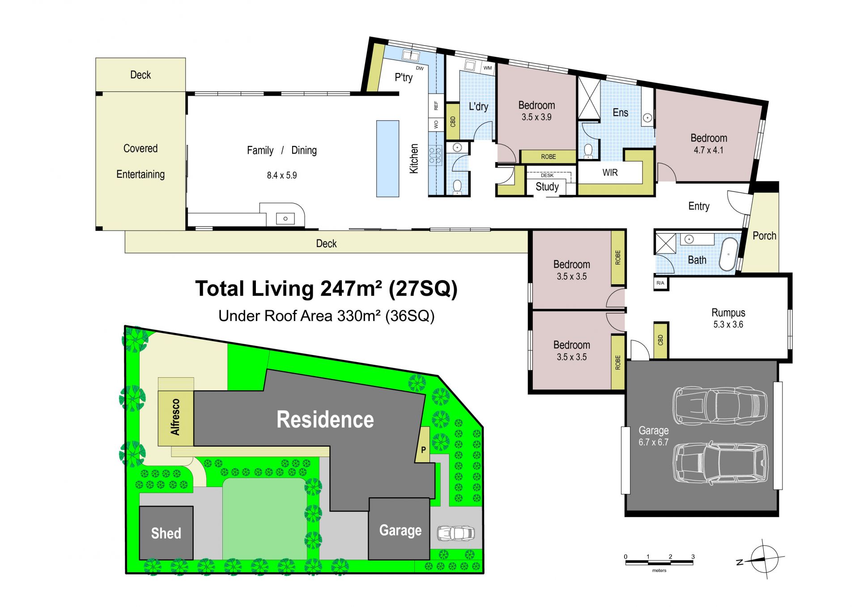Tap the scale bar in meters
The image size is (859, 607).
(659, 563)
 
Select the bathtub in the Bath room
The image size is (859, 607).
(729, 254)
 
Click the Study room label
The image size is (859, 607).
(547, 187)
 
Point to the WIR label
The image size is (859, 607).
(610, 173)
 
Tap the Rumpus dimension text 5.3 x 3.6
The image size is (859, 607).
(728, 325)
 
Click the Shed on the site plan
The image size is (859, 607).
(166, 533)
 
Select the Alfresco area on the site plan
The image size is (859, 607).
(175, 418)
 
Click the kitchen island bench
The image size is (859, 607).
(387, 158)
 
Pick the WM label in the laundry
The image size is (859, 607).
(488, 68)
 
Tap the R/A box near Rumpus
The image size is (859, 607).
(660, 283)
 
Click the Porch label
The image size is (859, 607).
(764, 236)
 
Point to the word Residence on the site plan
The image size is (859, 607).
(325, 419)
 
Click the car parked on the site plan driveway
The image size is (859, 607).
(456, 533)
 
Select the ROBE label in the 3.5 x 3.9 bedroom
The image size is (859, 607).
(549, 157)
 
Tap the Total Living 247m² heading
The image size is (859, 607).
(326, 289)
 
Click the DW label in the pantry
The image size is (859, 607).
(420, 68)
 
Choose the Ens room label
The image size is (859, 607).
(620, 113)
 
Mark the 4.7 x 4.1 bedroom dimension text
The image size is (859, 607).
(709, 150)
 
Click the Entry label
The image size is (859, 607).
(699, 206)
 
